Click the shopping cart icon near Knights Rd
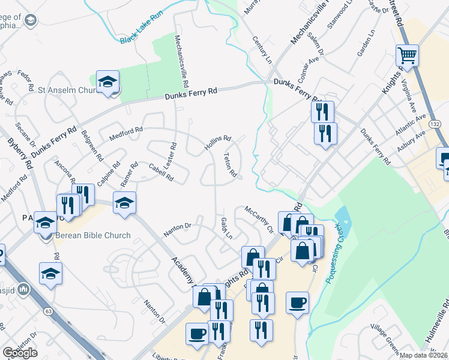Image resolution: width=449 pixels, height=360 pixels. point(407,56)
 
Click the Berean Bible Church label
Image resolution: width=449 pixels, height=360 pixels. point(92,235)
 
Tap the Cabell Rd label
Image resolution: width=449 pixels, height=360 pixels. point(160,174)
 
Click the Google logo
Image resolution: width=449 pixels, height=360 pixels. point(20,353)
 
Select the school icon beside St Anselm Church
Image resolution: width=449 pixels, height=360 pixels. point(108,82)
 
